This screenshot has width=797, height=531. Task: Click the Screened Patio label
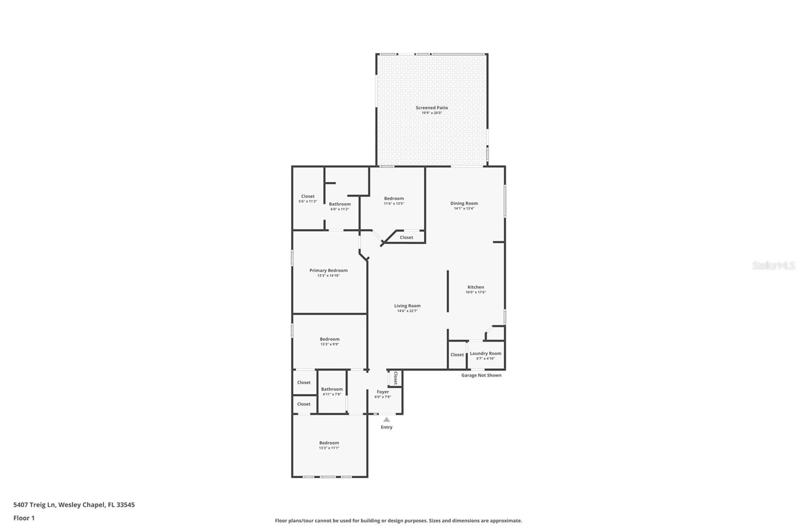431,108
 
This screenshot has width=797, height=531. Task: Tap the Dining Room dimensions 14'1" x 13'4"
464,209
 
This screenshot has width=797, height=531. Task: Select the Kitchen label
475,287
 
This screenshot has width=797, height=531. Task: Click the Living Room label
407,306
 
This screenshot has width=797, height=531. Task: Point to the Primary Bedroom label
328,270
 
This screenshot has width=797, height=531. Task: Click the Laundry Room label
485,353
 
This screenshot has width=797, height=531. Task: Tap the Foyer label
383,392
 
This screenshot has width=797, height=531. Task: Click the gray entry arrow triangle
387,420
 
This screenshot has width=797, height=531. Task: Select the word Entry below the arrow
387,427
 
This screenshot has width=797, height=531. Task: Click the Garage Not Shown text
481,375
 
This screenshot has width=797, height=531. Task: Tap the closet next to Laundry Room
457,355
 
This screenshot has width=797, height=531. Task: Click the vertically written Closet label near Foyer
396,378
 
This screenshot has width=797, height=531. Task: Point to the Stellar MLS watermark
773,265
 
